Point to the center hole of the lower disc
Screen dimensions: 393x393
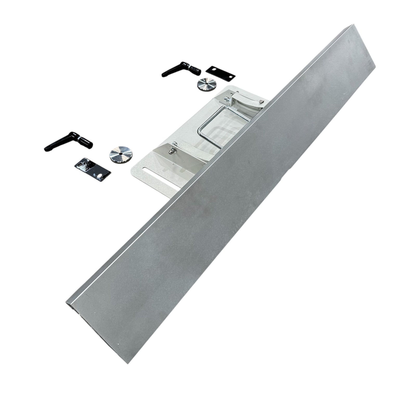(120, 154)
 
